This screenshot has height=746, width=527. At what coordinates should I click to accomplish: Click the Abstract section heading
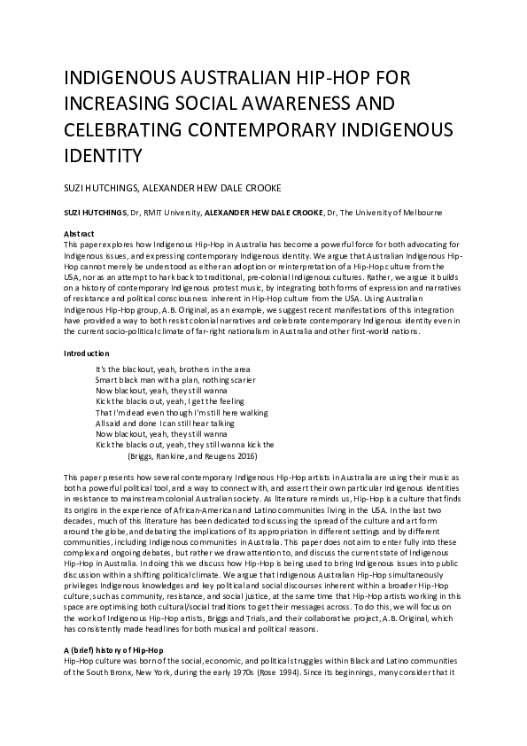pos(80,233)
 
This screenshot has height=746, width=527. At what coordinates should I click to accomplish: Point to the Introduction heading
pos(87,354)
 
